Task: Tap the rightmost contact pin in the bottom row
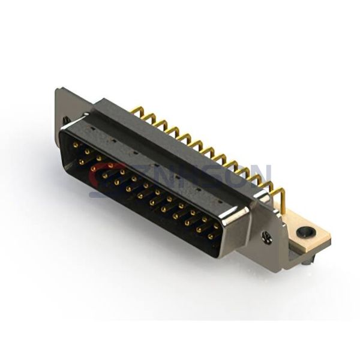tap(210, 236)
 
